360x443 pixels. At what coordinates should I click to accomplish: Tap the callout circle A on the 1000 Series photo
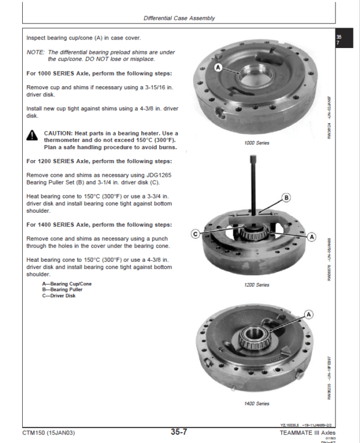pyautogui.click(x=218, y=68)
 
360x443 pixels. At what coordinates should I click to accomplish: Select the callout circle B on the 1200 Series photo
pyautogui.click(x=286, y=197)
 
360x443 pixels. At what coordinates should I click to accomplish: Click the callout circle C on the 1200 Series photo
pyautogui.click(x=195, y=233)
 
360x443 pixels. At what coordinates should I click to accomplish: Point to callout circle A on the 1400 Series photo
pyautogui.click(x=309, y=314)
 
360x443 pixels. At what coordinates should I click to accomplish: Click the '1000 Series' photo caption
pyautogui.click(x=257, y=143)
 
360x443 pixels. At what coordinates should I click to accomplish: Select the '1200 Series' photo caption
pyautogui.click(x=257, y=285)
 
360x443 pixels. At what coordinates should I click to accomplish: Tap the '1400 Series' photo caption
pyautogui.click(x=257, y=403)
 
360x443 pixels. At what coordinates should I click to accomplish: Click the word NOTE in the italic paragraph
pyautogui.click(x=35, y=52)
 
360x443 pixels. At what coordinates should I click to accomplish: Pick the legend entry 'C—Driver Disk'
pyautogui.click(x=59, y=296)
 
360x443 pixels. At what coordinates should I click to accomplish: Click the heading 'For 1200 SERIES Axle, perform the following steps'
pyautogui.click(x=99, y=161)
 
